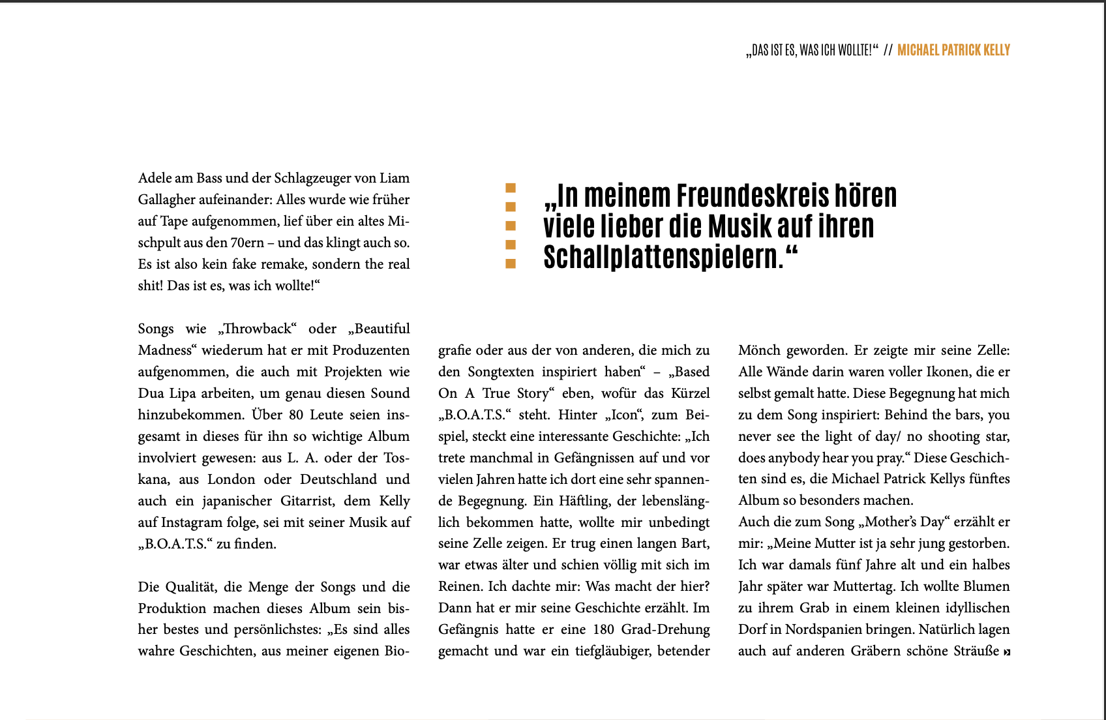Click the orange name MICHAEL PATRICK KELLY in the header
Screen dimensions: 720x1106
(x=953, y=50)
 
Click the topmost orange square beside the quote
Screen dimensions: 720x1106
(x=511, y=188)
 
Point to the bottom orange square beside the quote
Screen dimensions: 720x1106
(x=511, y=263)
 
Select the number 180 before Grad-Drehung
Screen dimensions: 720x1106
(x=603, y=629)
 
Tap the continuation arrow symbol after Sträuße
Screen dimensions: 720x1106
(x=1007, y=652)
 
